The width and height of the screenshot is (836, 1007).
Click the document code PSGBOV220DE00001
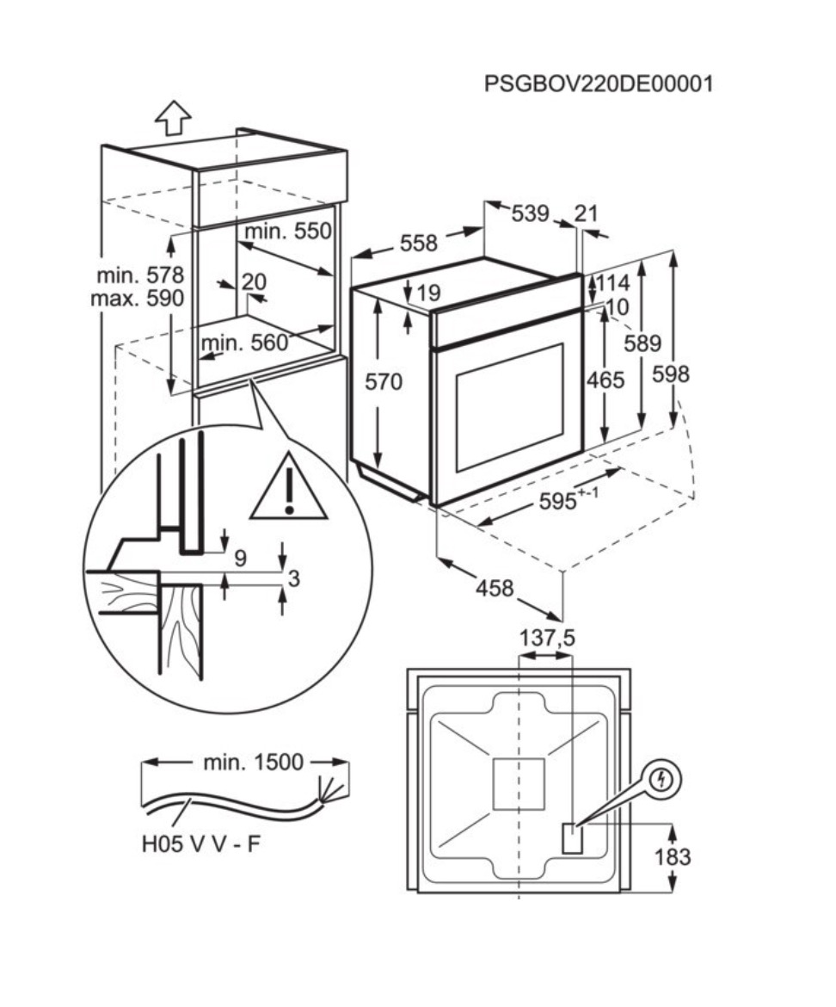click(x=599, y=84)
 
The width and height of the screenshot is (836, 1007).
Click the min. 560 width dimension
click(x=244, y=343)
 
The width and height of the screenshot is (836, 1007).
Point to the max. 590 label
click(x=138, y=299)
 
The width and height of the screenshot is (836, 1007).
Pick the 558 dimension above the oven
click(x=418, y=243)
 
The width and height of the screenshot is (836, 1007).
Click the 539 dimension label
click(x=530, y=213)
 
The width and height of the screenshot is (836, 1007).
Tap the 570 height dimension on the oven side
click(x=384, y=381)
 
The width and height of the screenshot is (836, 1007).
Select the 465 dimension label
click(x=606, y=380)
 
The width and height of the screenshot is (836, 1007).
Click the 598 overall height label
click(x=671, y=374)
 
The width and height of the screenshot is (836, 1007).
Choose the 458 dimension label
click(x=495, y=589)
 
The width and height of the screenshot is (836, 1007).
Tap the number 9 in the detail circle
click(x=240, y=558)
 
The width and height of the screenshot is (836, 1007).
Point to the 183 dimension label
click(x=672, y=857)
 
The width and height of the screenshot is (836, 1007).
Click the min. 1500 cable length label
click(x=254, y=762)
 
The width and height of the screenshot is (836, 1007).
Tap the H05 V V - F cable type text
click(x=201, y=844)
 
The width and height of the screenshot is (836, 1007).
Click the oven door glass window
click(x=509, y=406)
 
